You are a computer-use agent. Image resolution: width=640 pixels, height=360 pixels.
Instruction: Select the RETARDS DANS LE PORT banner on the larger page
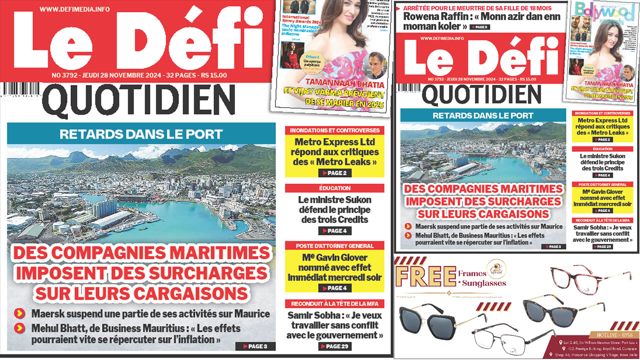click(141, 134)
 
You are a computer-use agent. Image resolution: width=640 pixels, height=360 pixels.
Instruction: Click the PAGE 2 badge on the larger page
click(334, 173)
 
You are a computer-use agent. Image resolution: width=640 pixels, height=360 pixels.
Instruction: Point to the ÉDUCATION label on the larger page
click(334, 188)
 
